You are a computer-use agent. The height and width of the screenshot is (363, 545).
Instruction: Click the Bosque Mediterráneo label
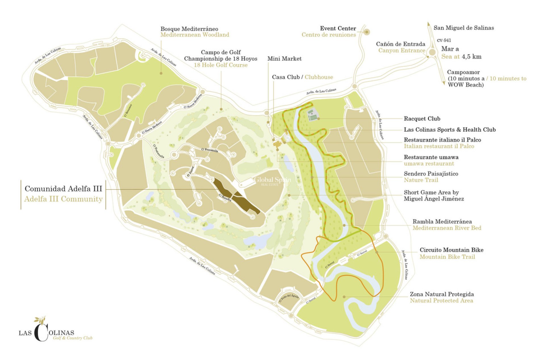(x=189, y=29)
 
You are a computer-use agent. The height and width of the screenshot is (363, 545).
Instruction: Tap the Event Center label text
(x=338, y=28)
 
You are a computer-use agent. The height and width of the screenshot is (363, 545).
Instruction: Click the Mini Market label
(x=284, y=59)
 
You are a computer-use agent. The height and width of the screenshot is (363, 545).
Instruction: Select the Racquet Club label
(x=422, y=119)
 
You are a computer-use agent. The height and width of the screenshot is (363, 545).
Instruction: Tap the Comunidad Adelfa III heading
(x=63, y=189)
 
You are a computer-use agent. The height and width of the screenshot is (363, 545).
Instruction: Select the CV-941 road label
(x=444, y=40)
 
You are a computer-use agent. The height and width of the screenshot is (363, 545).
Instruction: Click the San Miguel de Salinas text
(x=464, y=28)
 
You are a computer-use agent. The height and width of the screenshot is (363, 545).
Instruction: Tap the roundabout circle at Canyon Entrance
(x=432, y=52)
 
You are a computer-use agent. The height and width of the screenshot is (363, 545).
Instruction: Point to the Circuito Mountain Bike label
(x=451, y=250)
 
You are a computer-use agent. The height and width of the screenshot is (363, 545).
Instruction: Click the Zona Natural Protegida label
(x=442, y=294)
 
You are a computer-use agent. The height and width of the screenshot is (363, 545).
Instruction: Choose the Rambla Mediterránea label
(x=442, y=221)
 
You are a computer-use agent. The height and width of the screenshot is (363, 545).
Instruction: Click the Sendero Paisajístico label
(x=431, y=174)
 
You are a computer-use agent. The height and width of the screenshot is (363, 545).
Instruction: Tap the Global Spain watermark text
(x=272, y=180)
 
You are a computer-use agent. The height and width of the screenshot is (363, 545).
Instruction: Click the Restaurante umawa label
(x=431, y=157)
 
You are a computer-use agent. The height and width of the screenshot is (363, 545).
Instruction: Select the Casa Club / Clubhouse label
(x=302, y=77)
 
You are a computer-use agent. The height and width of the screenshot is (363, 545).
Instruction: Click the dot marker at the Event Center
(x=367, y=32)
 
